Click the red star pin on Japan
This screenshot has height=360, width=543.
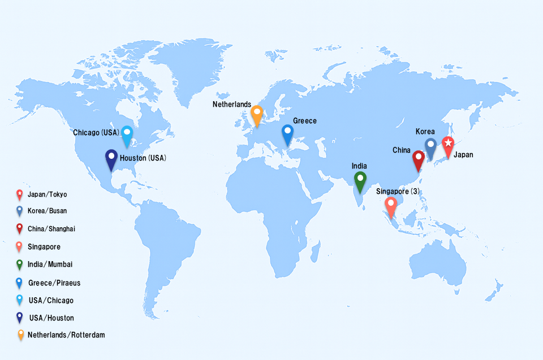[448, 144]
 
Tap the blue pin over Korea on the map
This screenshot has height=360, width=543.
[430, 146]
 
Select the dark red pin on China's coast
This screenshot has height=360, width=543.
[419, 158]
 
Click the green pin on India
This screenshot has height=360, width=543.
[360, 180]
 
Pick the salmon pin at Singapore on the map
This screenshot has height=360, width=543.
[390, 205]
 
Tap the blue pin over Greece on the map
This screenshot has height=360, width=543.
[287, 133]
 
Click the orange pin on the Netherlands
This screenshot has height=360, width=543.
[257, 113]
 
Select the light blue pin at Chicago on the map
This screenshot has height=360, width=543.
[127, 134]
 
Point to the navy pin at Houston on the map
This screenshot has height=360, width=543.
[111, 157]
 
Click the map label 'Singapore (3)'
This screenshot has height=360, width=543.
[398, 192]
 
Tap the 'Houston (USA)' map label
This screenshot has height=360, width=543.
[143, 158]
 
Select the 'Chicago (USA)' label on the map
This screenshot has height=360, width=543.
[96, 133]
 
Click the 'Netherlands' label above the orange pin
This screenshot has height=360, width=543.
[232, 105]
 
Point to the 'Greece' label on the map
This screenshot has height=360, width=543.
[305, 121]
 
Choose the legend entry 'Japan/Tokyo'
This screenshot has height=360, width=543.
[47, 194]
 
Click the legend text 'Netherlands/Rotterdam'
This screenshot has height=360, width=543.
[66, 335]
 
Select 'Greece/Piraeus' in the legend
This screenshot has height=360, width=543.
[54, 283]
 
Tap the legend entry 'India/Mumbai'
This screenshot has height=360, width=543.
[50, 264]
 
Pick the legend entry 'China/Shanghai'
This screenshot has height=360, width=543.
[51, 229]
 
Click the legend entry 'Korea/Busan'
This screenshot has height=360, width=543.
[47, 211]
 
